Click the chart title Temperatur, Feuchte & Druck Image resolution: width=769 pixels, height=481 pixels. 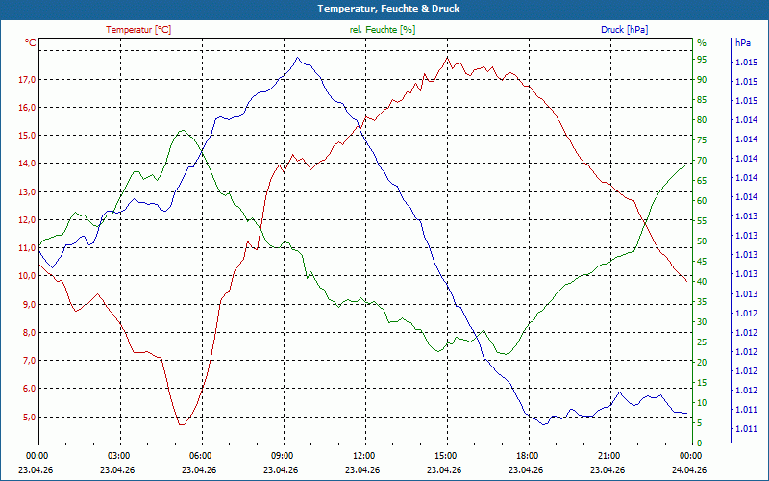point(388,9)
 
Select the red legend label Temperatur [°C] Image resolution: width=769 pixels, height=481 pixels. point(138,30)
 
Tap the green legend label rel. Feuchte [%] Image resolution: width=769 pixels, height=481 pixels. point(382,30)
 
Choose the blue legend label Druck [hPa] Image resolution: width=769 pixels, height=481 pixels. point(624,30)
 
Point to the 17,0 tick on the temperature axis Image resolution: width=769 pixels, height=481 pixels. point(27,80)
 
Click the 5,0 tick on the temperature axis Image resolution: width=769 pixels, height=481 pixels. point(29,417)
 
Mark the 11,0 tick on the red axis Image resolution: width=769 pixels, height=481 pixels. point(27,248)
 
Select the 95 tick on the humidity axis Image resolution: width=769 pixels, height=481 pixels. point(702,60)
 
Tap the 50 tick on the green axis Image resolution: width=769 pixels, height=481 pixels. point(702,241)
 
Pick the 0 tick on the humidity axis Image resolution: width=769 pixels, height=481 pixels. point(700,443)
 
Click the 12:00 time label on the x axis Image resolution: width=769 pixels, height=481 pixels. point(364,455)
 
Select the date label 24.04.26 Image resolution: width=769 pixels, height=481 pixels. point(689,470)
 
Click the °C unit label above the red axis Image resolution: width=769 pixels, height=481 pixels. point(31,43)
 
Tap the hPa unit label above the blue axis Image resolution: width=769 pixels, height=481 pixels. point(743,43)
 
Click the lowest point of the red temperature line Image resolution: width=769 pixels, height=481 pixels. point(182,424)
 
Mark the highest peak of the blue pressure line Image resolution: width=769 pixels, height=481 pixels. point(297,57)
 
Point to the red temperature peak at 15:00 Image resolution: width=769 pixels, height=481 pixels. point(447,57)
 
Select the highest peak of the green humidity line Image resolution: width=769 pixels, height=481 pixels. point(183,130)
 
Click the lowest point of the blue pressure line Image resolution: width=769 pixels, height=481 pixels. point(543,424)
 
